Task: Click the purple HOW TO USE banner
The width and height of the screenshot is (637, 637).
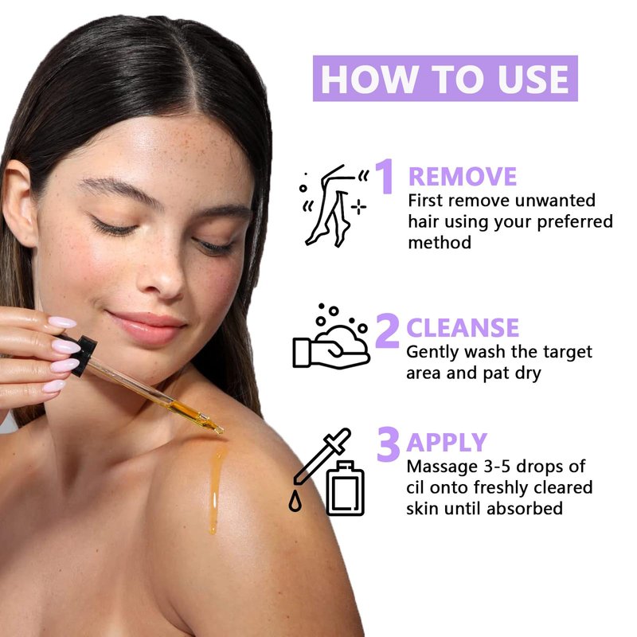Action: tap(445, 78)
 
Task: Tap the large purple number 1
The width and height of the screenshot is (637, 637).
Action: tap(385, 176)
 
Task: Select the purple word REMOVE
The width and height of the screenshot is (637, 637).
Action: tap(463, 176)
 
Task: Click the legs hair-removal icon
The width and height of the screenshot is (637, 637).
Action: tap(334, 205)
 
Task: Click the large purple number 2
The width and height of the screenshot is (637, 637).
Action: tap(388, 330)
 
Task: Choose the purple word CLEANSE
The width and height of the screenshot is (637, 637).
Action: tap(463, 327)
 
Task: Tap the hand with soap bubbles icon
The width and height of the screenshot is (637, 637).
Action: tap(331, 336)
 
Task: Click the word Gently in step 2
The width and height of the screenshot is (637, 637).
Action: tap(433, 353)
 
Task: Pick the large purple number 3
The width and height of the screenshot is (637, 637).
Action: tap(389, 444)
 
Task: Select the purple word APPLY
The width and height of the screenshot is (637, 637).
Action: tap(447, 442)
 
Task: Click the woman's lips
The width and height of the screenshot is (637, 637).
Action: tap(147, 327)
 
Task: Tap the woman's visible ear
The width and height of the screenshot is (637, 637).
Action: tap(21, 203)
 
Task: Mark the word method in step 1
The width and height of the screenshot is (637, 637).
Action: tap(440, 243)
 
